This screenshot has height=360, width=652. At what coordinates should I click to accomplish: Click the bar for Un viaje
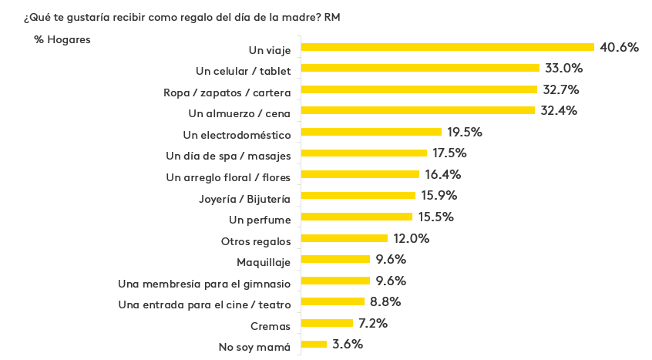(x=448, y=47)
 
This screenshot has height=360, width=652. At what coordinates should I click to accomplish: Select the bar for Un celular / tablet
(x=420, y=68)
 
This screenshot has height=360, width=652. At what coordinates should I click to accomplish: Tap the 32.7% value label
(x=560, y=89)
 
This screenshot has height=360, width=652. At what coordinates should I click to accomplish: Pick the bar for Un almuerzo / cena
(x=418, y=110)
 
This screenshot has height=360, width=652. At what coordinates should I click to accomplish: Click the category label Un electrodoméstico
(x=236, y=135)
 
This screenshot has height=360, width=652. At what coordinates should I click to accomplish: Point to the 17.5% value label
(x=449, y=153)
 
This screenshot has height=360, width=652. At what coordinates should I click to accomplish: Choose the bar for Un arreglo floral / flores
(x=360, y=174)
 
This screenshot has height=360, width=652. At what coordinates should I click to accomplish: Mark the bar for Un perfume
(x=357, y=217)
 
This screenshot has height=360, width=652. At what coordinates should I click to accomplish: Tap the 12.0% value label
(x=411, y=238)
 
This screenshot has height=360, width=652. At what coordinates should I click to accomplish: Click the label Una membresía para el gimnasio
(x=204, y=284)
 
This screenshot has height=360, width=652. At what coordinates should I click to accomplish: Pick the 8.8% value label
(x=385, y=301)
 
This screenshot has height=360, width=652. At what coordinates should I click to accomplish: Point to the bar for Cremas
(x=328, y=323)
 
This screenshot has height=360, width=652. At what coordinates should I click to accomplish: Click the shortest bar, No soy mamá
(x=314, y=344)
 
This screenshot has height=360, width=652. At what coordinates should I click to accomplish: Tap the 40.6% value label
(x=620, y=47)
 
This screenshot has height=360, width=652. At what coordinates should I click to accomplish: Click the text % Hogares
(x=62, y=40)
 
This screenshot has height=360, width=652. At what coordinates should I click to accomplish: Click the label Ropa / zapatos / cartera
(x=227, y=93)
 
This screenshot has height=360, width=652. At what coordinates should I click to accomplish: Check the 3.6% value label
(x=347, y=344)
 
